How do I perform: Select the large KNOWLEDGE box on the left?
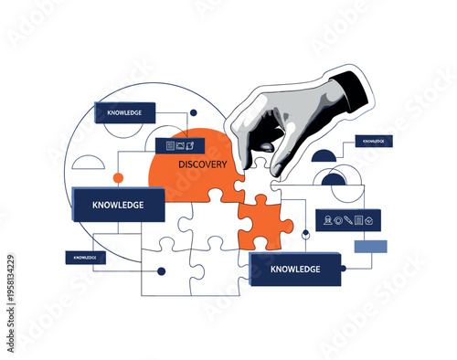[x=118, y=205]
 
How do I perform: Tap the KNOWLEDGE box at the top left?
[x=124, y=113]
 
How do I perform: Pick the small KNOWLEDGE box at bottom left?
[x=85, y=258]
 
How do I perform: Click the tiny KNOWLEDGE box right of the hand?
[x=373, y=142]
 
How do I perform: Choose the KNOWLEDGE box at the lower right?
[x=294, y=269]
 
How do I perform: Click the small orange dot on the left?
[x=117, y=177]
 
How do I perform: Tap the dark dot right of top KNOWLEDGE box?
[x=193, y=113]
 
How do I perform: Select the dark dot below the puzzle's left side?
[x=162, y=270]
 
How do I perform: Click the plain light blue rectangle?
[x=370, y=246]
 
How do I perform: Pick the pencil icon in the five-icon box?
[x=348, y=219]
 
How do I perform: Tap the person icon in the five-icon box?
[x=326, y=219]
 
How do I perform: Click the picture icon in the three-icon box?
[x=180, y=145]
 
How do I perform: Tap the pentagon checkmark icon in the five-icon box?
[x=369, y=219]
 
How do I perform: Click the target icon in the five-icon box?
[x=337, y=219]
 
